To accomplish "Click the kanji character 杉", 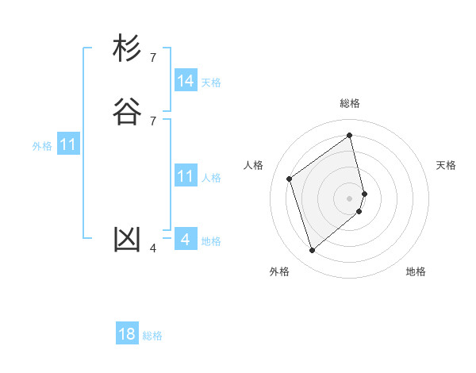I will [x=127, y=49].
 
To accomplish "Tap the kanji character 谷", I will [x=127, y=112].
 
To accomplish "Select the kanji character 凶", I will [x=127, y=240].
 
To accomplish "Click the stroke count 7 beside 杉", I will [x=153, y=58].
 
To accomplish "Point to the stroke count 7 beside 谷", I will [x=153, y=121].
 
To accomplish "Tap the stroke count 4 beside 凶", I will [x=153, y=248].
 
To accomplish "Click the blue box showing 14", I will [x=186, y=81].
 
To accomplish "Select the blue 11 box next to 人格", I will [x=186, y=176].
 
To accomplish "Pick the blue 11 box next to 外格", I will [x=68, y=145].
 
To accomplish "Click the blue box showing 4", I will [x=186, y=239].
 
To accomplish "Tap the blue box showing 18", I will [x=127, y=334].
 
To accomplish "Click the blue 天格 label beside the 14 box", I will [x=211, y=83].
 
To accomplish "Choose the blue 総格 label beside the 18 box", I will [x=152, y=336].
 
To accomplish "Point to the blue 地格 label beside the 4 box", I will [x=211, y=241].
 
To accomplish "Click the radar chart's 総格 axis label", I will [x=350, y=103].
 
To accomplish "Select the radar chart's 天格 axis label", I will [x=446, y=165].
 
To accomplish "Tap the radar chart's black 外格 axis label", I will [x=279, y=271].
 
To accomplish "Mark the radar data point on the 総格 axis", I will [x=350, y=136].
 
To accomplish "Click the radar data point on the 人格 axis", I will [x=290, y=179].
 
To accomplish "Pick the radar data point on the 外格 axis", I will [x=312, y=251].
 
